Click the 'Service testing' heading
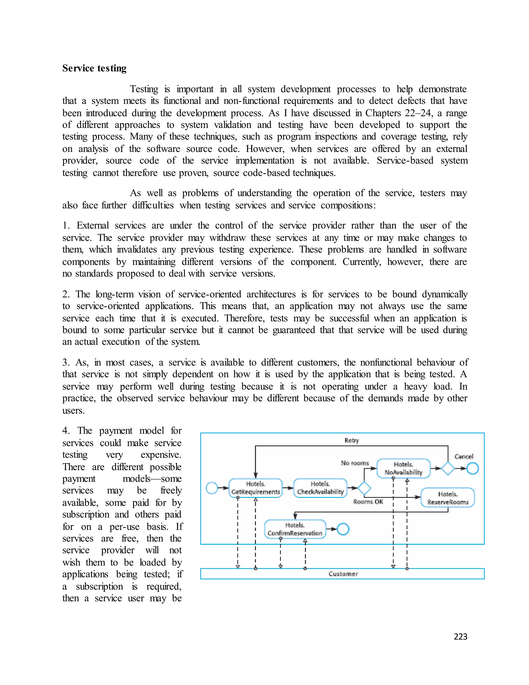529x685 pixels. (x=94, y=68)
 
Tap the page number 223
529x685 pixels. (x=460, y=636)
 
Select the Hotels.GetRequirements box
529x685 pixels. (x=255, y=488)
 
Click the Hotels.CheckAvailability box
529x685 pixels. (x=320, y=488)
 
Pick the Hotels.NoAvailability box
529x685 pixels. (x=403, y=469)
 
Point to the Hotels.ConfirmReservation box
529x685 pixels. (x=295, y=529)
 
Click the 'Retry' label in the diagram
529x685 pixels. (x=352, y=440)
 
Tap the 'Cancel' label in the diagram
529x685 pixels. (x=463, y=456)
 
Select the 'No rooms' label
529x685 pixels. (x=355, y=463)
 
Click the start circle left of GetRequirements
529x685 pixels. (x=212, y=488)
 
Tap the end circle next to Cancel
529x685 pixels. (x=473, y=469)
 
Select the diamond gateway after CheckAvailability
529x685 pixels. (x=364, y=488)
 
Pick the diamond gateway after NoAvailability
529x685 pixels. (x=448, y=469)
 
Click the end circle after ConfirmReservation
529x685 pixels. (x=343, y=529)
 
